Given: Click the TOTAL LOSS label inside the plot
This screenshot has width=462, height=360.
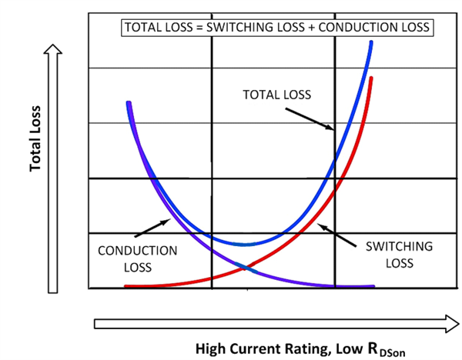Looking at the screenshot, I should coord(276,95).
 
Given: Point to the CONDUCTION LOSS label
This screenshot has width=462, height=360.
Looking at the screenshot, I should coord(138,258).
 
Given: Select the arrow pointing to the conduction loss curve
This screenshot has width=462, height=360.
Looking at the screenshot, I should coord(153,228).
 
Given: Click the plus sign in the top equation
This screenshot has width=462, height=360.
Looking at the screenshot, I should coord(293,27).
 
